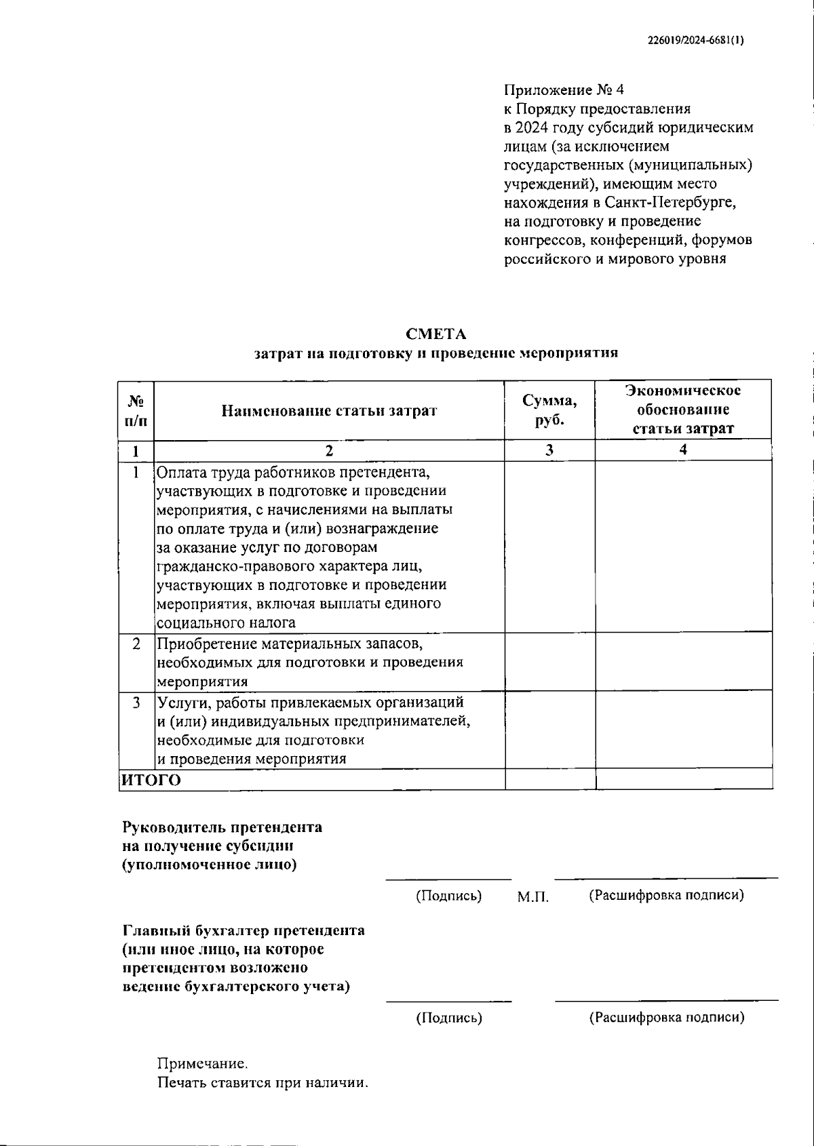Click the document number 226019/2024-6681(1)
(x=696, y=40)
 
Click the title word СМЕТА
(x=436, y=334)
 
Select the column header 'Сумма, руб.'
(x=549, y=410)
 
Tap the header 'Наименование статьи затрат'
(x=329, y=411)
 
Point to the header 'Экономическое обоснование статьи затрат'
(x=683, y=410)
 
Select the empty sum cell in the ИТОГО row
(x=549, y=780)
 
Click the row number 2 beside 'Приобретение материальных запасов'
(x=136, y=644)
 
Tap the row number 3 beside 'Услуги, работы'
(x=136, y=703)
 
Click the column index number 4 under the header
(x=683, y=450)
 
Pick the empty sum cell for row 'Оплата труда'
(x=549, y=547)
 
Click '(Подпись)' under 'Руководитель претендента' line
(x=448, y=896)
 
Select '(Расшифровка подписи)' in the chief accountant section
(x=666, y=1017)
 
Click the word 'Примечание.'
(x=198, y=1064)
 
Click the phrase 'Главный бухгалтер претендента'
(x=244, y=930)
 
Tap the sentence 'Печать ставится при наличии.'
(x=263, y=1083)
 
